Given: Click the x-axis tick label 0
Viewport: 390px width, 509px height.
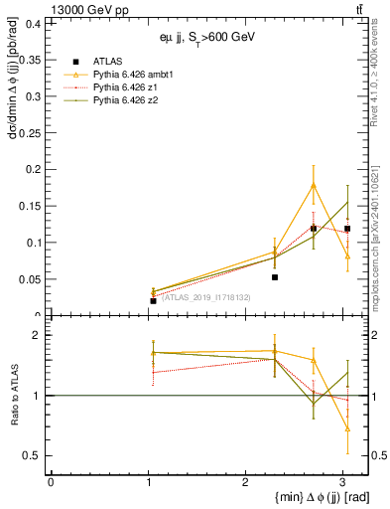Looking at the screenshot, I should (x=51, y=482).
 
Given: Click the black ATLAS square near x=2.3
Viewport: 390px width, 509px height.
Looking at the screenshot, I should (x=275, y=277).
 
